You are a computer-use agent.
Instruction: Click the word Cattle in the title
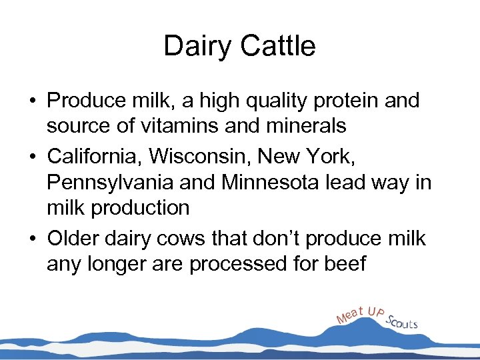pos(279,47)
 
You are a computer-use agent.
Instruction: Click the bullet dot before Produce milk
pos(33,102)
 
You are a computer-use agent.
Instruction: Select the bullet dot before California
pos(33,157)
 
